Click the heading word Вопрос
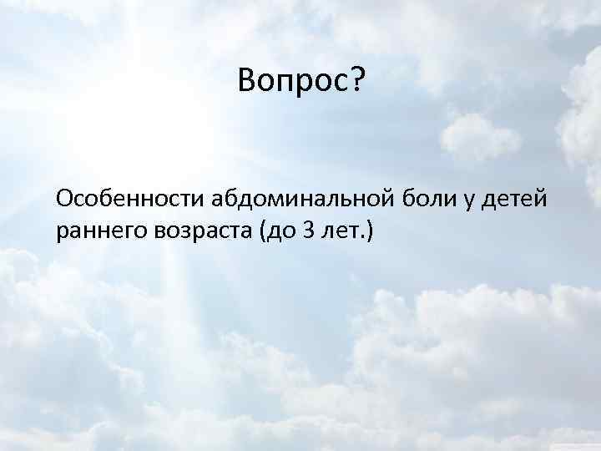tap(293, 81)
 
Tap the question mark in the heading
tap(356, 81)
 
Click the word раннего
tap(98, 231)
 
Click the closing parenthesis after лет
tap(371, 231)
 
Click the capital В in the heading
tap(246, 81)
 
